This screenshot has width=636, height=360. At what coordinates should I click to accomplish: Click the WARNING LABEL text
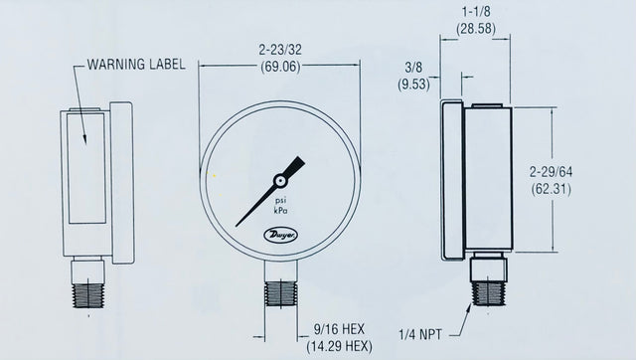coord(135,66)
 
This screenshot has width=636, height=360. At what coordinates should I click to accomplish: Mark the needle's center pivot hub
coord(281,180)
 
